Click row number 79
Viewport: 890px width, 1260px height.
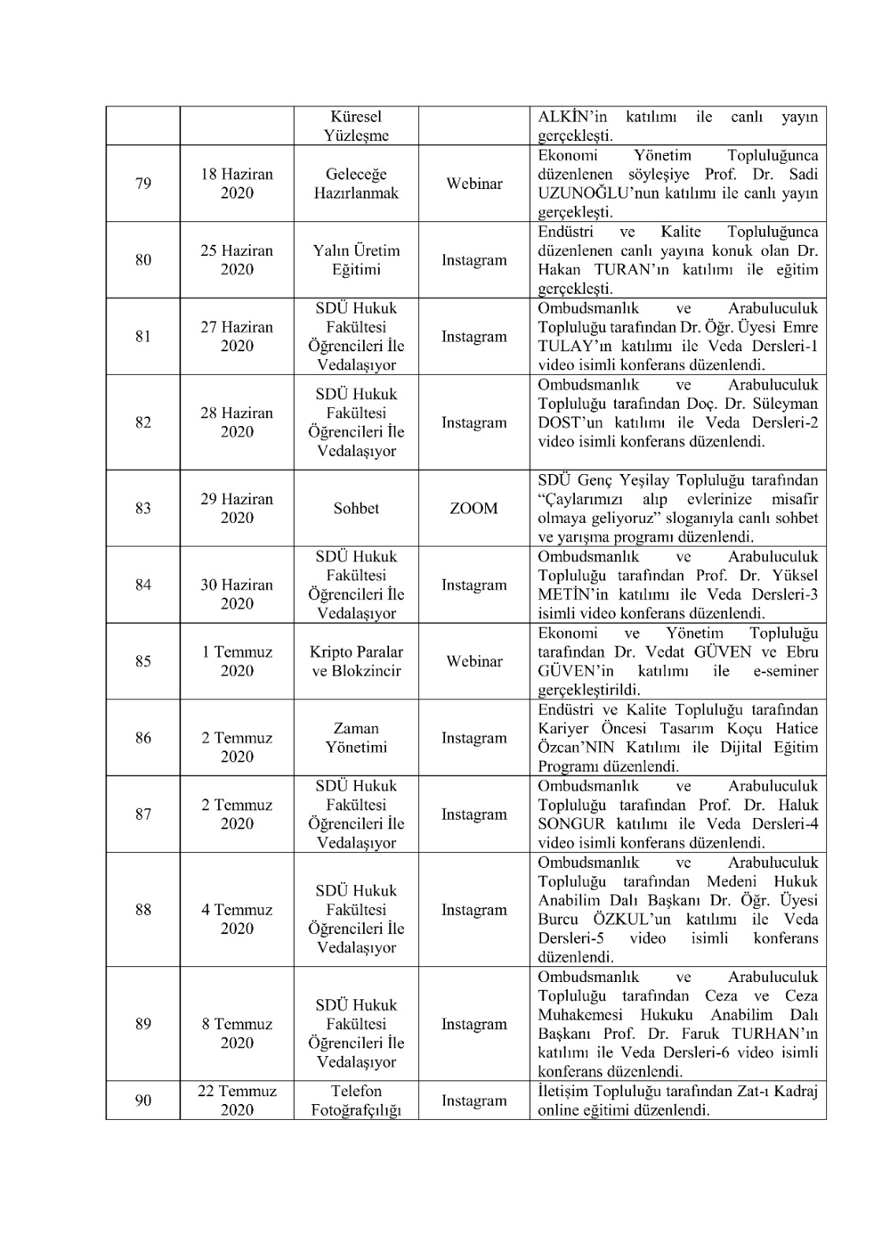tap(143, 183)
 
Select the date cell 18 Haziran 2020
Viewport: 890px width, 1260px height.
tap(236, 183)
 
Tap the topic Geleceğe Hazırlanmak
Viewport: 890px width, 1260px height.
tap(356, 183)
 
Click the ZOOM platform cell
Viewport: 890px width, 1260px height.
tap(473, 508)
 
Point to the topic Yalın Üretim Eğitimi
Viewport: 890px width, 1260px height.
tap(356, 260)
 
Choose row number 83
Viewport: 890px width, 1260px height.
tap(143, 508)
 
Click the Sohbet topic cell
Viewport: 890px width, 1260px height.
tap(356, 508)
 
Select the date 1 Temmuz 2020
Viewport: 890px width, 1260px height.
tap(236, 661)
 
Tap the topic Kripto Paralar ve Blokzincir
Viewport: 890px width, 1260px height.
tap(356, 661)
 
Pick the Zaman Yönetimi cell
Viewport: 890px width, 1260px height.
tap(356, 738)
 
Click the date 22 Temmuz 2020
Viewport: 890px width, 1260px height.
tap(236, 1100)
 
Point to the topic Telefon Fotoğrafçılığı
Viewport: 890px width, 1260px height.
tap(356, 1100)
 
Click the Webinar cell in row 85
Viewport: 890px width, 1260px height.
tap(473, 661)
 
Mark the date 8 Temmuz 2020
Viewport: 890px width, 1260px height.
tap(236, 1033)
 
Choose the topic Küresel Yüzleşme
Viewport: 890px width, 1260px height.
tap(356, 126)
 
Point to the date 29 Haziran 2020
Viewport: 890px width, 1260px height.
tap(236, 508)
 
